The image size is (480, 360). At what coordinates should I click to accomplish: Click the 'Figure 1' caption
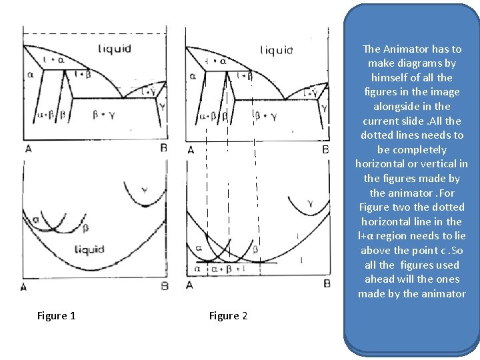coord(56,316)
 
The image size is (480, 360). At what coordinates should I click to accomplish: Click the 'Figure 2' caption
coord(228,316)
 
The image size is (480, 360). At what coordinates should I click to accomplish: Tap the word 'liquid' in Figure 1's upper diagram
coord(115,49)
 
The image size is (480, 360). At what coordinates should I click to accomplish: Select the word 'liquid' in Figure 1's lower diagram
coord(89,249)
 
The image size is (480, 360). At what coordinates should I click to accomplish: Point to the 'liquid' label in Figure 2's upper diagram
coord(276,50)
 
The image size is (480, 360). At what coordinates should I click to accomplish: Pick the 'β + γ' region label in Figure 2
coord(265,116)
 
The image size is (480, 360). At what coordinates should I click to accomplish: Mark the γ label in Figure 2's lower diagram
coord(309,203)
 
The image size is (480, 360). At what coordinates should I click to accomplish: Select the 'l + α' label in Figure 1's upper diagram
coord(54,60)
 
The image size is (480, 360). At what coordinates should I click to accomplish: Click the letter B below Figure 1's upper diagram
coord(163,148)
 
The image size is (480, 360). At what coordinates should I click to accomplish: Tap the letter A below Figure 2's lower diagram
coord(189,285)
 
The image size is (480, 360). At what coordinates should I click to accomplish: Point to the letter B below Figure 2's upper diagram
coord(325,149)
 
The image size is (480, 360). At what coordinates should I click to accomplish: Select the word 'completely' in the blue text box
coord(421,149)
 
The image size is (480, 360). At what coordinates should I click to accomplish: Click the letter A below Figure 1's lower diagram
coord(24,287)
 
